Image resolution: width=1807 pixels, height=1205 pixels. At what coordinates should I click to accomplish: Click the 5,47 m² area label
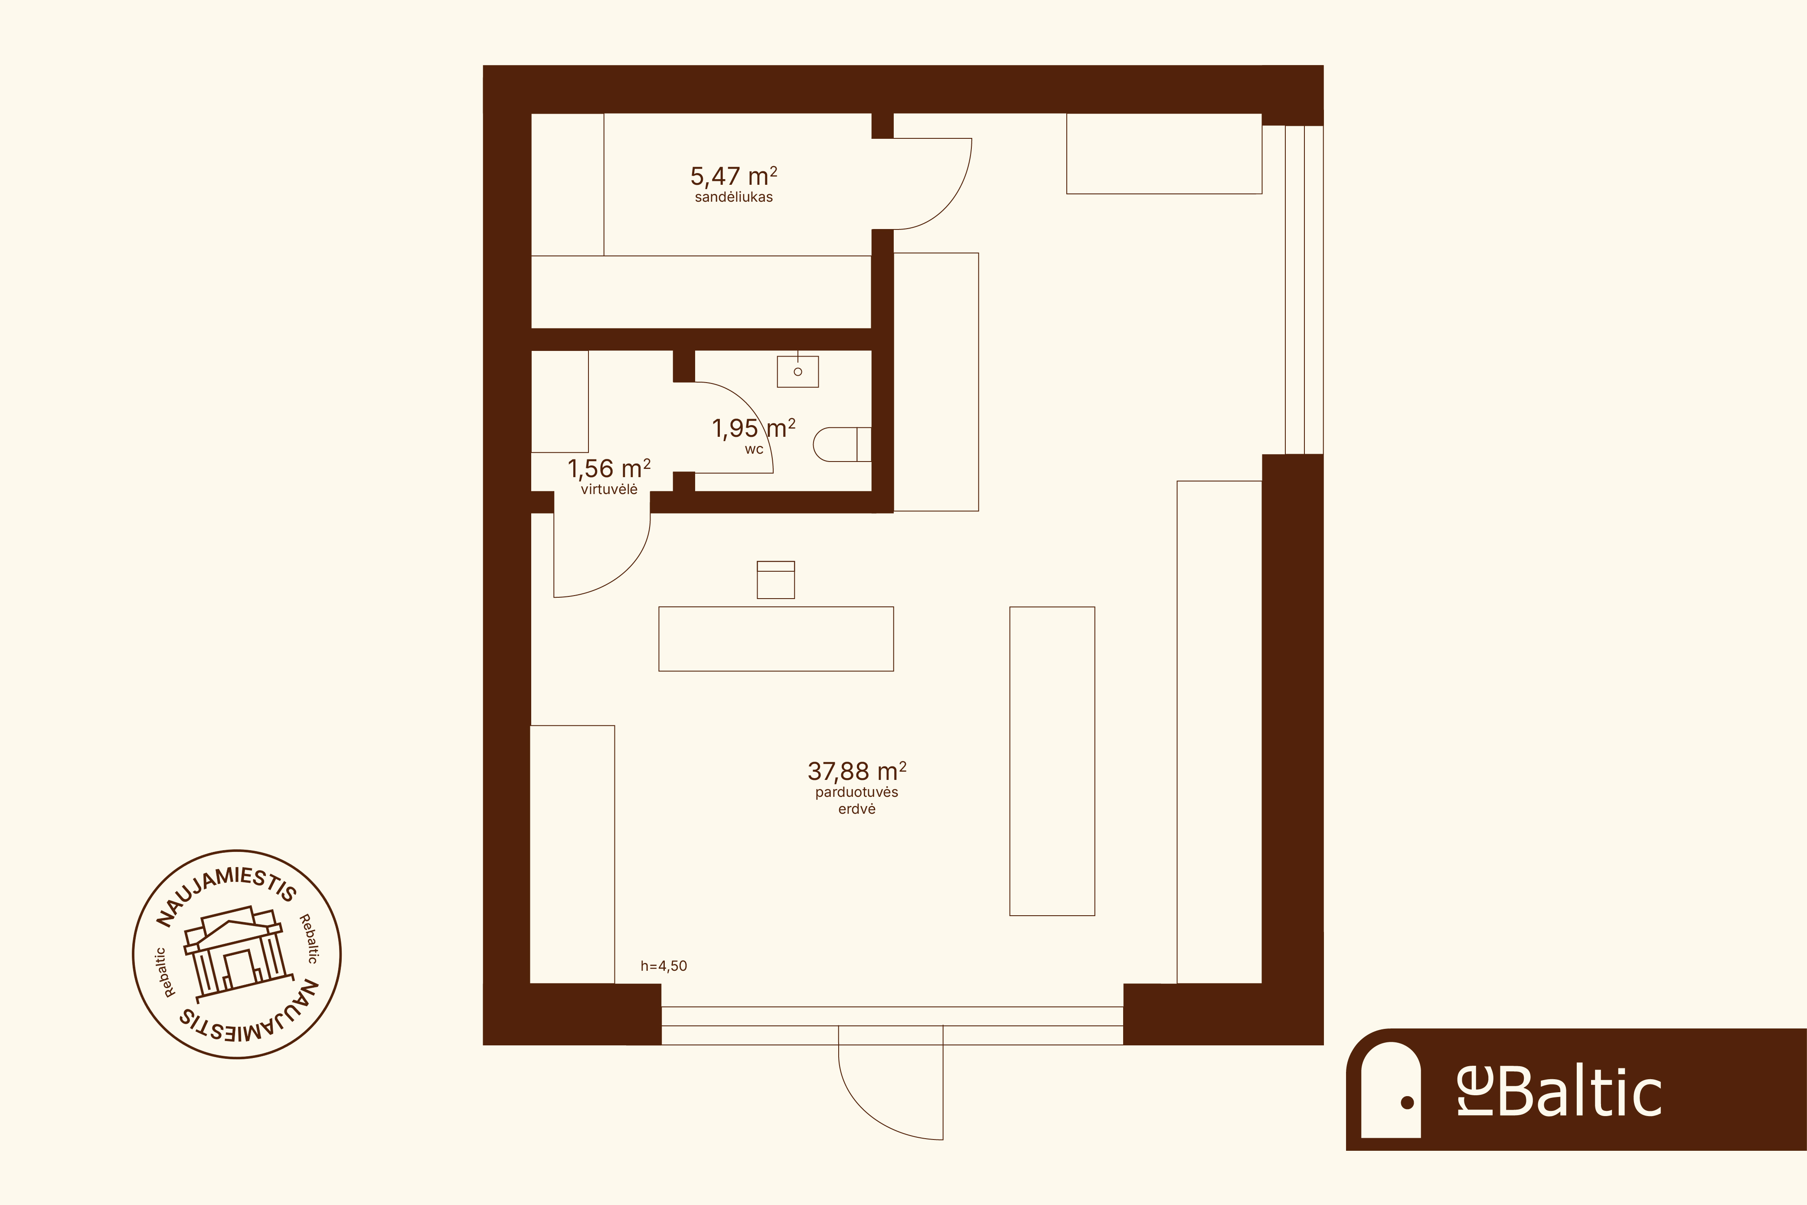point(734,177)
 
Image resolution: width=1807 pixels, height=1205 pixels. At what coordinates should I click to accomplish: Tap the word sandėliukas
point(734,197)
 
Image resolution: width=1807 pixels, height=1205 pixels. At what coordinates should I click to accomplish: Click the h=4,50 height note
point(664,966)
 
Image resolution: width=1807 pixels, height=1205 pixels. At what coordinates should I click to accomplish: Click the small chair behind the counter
point(776,580)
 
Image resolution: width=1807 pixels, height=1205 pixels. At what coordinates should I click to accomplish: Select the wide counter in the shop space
point(776,639)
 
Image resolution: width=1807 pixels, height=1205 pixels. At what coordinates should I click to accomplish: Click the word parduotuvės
point(856,792)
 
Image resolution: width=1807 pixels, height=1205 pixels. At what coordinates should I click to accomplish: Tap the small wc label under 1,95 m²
point(754,449)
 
